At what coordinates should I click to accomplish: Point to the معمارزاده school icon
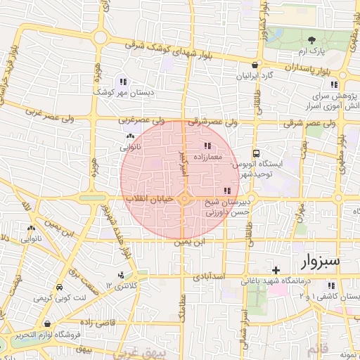(x=196, y=146)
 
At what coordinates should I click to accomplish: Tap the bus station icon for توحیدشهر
(x=257, y=152)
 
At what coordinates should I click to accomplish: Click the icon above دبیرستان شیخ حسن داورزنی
(x=226, y=191)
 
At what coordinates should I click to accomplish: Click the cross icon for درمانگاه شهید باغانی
(x=276, y=270)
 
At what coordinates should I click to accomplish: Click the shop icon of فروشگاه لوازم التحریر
(x=46, y=324)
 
